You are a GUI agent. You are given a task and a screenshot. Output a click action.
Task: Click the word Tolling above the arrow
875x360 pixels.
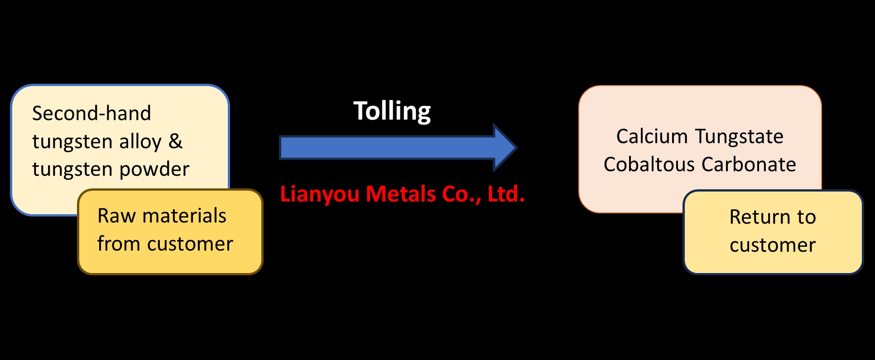[x=392, y=111]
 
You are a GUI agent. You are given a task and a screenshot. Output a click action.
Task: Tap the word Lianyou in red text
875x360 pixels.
[x=320, y=194]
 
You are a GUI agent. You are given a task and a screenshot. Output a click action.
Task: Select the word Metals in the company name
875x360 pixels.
[x=400, y=194]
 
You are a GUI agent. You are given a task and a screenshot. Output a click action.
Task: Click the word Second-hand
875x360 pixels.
[x=91, y=113]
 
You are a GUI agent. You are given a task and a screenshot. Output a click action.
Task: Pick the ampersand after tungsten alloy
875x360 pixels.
[x=175, y=141]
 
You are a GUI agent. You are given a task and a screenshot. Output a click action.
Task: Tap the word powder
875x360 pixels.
[x=154, y=170]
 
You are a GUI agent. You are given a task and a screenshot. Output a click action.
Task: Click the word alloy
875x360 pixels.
[x=140, y=142]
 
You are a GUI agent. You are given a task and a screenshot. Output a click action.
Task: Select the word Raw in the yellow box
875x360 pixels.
[x=116, y=216]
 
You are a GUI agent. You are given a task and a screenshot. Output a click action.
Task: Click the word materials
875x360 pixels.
[x=184, y=216]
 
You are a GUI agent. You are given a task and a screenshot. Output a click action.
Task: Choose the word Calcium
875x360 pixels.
[x=652, y=136]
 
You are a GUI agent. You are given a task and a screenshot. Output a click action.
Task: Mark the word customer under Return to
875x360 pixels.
[x=773, y=245]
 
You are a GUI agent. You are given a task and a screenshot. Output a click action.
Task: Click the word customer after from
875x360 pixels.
[x=190, y=244]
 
